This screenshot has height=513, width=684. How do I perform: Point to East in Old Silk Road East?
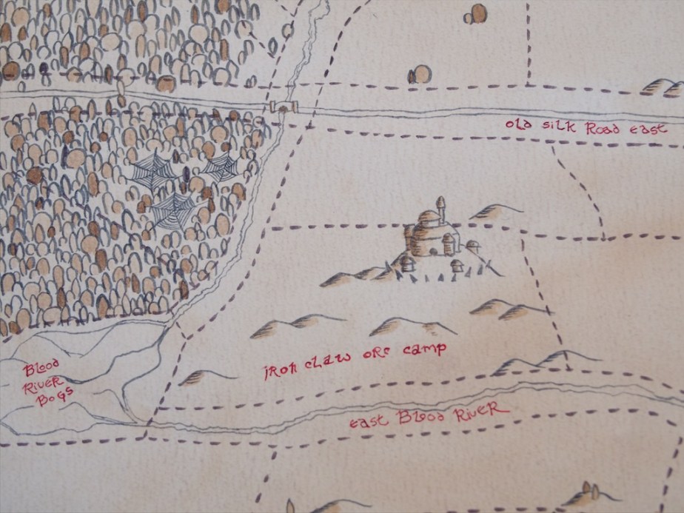[x=648, y=129]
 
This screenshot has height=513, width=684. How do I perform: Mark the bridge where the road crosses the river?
[x=283, y=108]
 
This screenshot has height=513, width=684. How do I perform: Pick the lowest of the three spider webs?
[x=172, y=210]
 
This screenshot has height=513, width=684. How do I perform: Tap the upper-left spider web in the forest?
[x=152, y=175]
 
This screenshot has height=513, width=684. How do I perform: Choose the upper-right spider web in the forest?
[x=220, y=169]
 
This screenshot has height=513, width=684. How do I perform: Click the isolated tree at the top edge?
[x=477, y=14]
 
